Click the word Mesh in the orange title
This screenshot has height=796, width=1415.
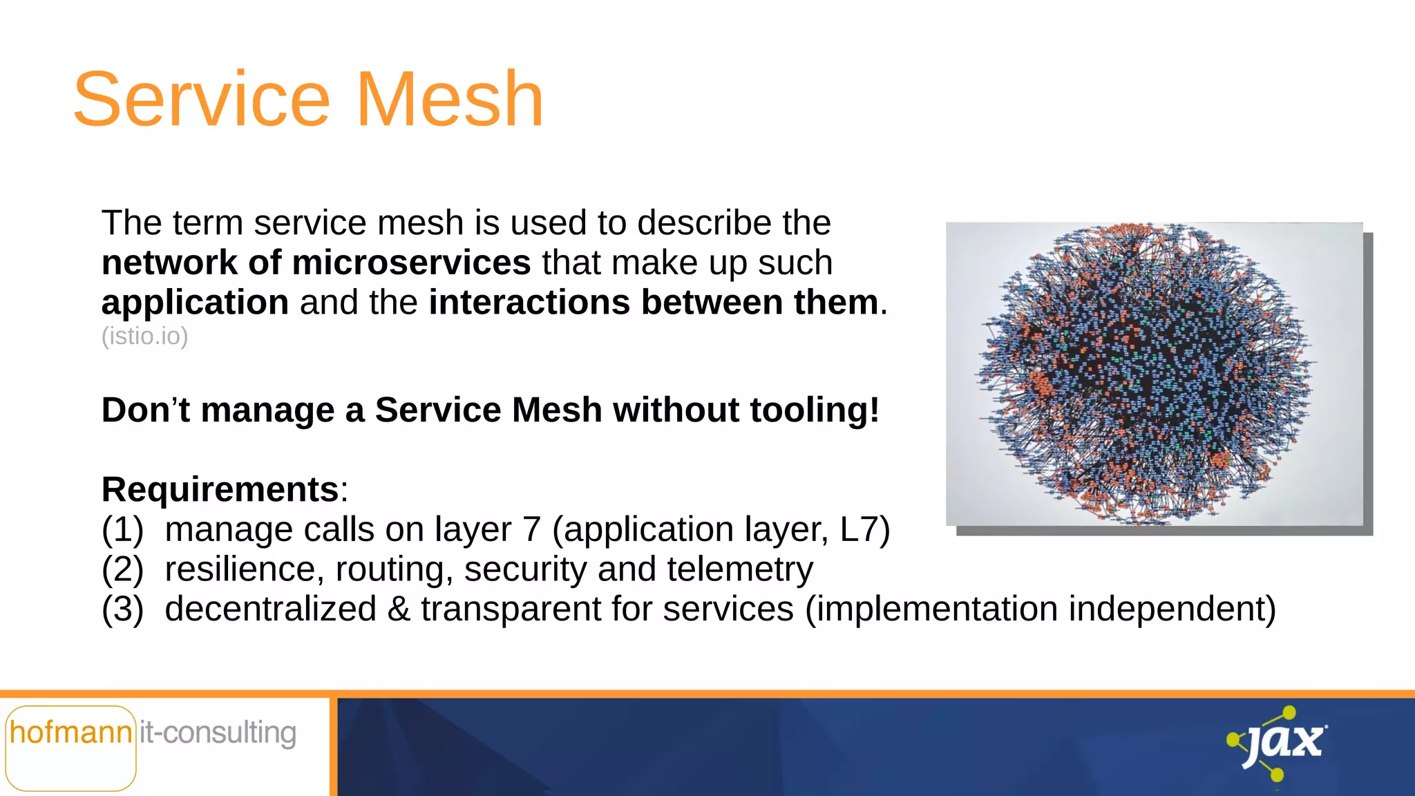(449, 100)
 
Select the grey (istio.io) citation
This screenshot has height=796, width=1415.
(144, 337)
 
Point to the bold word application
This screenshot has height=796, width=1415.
(195, 303)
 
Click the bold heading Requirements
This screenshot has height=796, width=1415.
(220, 490)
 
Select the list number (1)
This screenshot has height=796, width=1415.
(122, 530)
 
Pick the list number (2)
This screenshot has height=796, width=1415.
(122, 570)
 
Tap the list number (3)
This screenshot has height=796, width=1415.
(122, 609)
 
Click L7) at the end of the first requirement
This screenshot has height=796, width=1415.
(864, 530)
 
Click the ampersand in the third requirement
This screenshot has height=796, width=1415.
(399, 609)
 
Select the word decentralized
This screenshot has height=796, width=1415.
(270, 609)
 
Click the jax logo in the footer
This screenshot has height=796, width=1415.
(1278, 743)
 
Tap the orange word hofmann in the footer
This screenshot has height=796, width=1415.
(70, 733)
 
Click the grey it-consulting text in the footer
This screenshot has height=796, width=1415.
(218, 733)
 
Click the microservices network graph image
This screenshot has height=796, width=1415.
(1154, 374)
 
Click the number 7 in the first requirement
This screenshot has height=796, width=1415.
(531, 530)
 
